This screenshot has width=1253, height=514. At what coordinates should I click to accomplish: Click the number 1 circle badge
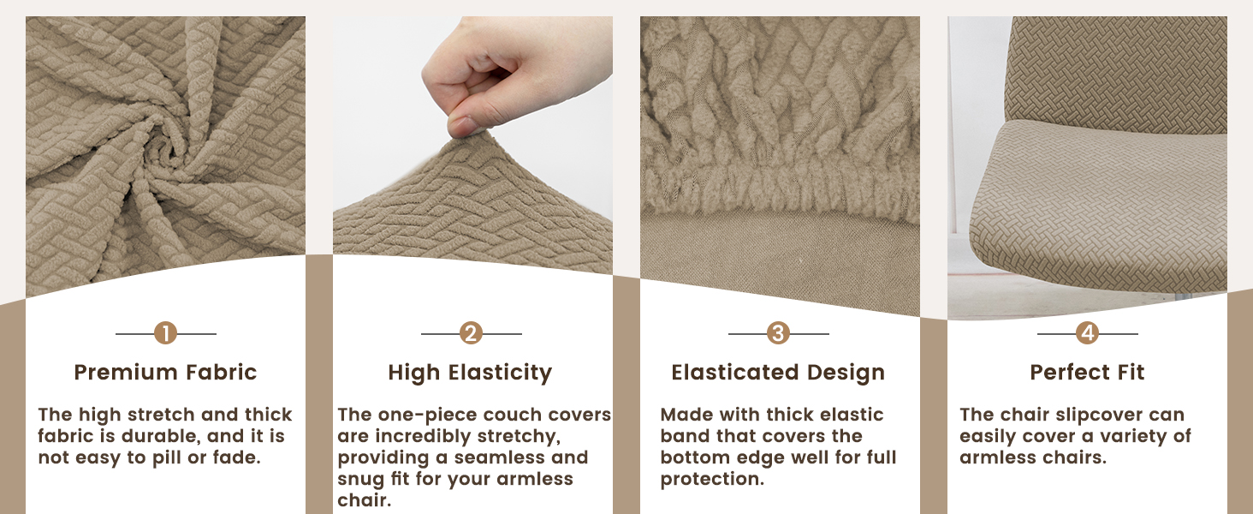pos(165,333)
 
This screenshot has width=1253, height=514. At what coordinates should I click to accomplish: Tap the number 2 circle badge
pos(471,333)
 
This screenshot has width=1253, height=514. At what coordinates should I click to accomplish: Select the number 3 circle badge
pos(778,333)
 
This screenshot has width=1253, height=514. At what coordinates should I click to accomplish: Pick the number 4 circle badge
pos(1088,333)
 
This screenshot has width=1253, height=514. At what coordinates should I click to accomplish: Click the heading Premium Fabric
pos(165,373)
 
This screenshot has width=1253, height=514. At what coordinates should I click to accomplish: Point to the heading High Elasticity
pos(470,373)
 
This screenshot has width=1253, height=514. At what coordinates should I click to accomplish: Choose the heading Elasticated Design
pos(778,373)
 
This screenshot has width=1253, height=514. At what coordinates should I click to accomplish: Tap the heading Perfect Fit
pos(1088,373)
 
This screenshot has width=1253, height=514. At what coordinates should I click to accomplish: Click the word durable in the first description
pos(160,436)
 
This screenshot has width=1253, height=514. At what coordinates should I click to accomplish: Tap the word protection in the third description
pos(712,479)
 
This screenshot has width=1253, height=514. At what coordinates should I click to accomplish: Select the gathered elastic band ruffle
pos(780,188)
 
